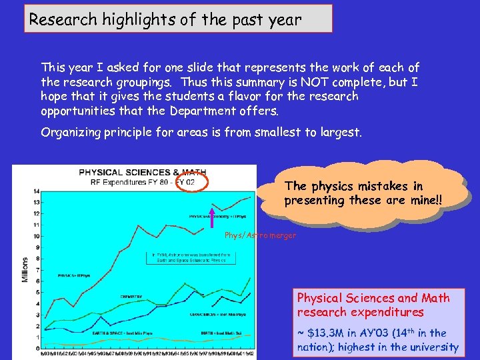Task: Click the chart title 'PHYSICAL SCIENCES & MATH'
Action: [x=133, y=171]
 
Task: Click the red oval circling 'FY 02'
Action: [x=193, y=180]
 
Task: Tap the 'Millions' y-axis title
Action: [x=25, y=269]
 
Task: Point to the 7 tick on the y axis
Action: [x=37, y=270]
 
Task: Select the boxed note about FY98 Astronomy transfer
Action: [x=189, y=257]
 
